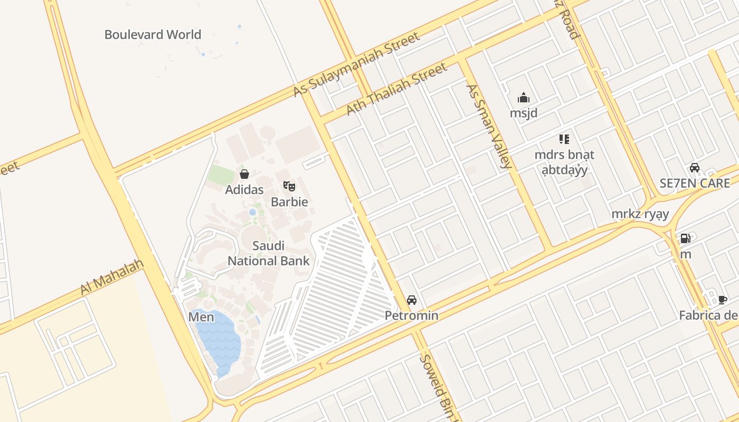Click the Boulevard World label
point(153,35)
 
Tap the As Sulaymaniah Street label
point(357,64)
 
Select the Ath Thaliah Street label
point(396,89)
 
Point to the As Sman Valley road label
point(489,126)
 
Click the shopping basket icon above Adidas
point(244,174)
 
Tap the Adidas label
point(244,189)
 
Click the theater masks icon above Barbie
point(289,186)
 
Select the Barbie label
point(289,202)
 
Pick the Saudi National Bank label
point(269,253)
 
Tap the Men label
point(201,317)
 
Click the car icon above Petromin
point(412,300)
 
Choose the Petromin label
point(412,316)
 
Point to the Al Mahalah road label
point(112,277)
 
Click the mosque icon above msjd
point(524,98)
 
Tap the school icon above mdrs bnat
point(564,139)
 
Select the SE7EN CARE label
point(695,184)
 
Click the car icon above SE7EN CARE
point(695,168)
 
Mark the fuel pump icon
point(685,238)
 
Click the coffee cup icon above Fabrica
point(723,300)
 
